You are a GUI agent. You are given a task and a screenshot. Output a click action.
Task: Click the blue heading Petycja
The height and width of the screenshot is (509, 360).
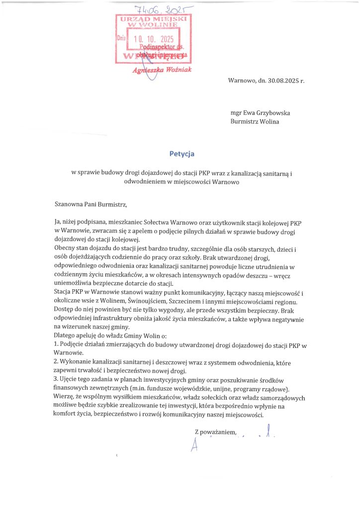pyautogui.click(x=180, y=154)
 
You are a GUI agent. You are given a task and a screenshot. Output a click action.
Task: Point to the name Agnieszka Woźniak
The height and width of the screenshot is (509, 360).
pyautogui.click(x=162, y=70)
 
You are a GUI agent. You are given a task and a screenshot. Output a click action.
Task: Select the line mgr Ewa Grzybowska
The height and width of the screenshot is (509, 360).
pyautogui.click(x=261, y=113)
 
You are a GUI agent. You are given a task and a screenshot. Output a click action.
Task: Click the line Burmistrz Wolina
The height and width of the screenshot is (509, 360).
pyautogui.click(x=255, y=121)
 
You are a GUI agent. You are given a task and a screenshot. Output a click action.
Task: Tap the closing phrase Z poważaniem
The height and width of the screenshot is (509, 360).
pyautogui.click(x=215, y=433)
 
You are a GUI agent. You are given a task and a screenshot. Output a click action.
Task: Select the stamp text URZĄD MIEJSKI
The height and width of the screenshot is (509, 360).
pyautogui.click(x=153, y=19)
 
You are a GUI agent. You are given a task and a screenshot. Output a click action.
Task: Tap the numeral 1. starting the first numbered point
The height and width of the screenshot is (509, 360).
pyautogui.click(x=56, y=344)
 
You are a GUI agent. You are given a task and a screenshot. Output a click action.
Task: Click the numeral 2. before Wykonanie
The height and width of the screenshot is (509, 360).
pyautogui.click(x=56, y=363)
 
